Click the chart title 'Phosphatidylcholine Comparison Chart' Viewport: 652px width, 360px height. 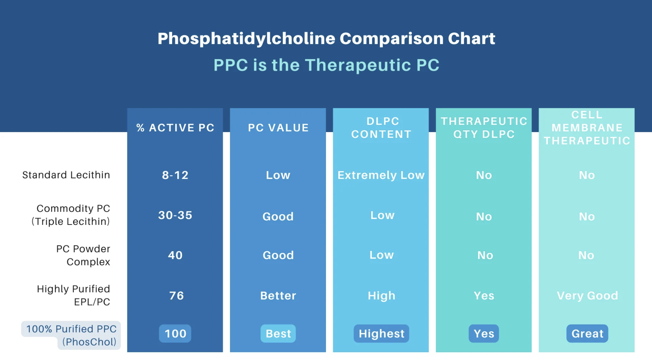click(x=326, y=38)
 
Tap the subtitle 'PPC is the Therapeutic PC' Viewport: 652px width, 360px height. click(x=326, y=65)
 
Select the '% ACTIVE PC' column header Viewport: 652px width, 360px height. click(x=175, y=128)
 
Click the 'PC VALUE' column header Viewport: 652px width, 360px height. click(x=278, y=128)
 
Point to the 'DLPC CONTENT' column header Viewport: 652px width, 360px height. click(x=381, y=128)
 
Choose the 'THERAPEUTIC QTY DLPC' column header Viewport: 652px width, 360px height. click(x=484, y=128)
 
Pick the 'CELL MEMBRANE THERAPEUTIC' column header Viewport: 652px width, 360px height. click(x=587, y=128)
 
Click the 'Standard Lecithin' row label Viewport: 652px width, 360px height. click(x=66, y=175)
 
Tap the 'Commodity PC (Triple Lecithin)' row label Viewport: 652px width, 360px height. click(x=71, y=215)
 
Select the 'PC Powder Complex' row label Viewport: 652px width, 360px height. click(x=83, y=255)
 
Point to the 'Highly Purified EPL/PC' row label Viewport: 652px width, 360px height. click(x=74, y=295)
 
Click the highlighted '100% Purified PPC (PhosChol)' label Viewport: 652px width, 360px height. click(x=71, y=335)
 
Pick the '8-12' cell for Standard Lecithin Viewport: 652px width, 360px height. click(x=175, y=175)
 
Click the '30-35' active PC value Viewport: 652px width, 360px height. click(x=175, y=215)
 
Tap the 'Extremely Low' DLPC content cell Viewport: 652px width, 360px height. click(x=381, y=175)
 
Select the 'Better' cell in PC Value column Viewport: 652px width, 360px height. click(x=278, y=296)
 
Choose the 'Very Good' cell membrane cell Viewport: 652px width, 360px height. click(x=587, y=296)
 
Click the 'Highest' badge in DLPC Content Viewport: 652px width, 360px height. click(x=381, y=334)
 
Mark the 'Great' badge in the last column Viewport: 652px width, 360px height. click(x=587, y=334)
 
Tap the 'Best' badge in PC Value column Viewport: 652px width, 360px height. click(x=278, y=334)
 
